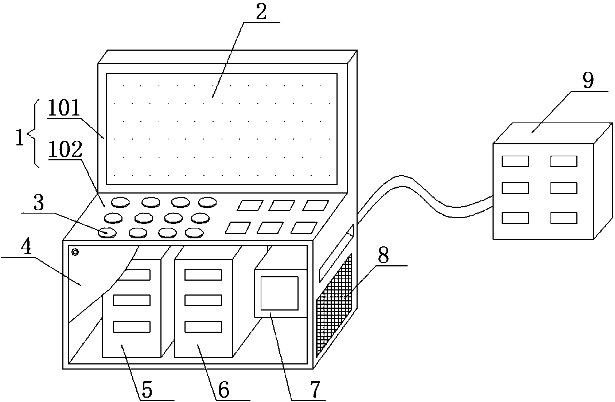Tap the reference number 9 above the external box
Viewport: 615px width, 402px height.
point(588,81)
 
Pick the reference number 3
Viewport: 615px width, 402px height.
point(38,204)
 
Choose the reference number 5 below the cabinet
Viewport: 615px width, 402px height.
point(147,390)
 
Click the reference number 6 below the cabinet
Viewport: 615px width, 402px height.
point(223,390)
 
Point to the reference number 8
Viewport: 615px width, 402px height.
point(383,256)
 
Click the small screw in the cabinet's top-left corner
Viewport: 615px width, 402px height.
point(75,252)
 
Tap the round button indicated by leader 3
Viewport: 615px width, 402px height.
point(108,232)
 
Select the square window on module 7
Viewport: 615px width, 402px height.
point(280,293)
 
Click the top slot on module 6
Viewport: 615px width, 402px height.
point(203,274)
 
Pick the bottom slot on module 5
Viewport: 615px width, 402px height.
point(132,327)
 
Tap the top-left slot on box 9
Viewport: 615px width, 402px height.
point(515,161)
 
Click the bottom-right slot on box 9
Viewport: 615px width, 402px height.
point(564,218)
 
